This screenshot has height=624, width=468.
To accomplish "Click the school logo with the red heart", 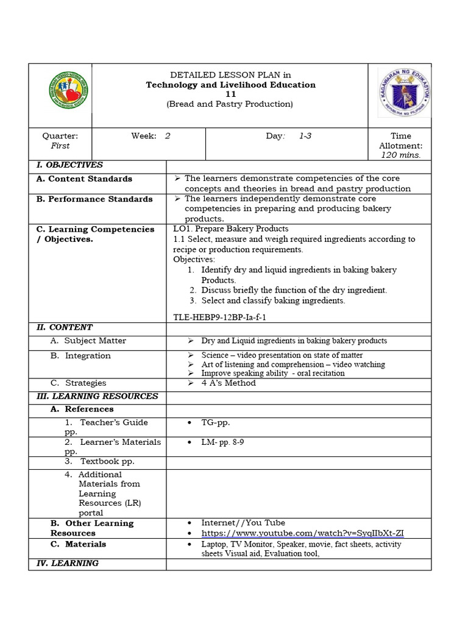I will [x=60, y=95].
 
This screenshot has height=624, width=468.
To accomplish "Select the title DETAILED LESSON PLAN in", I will [x=230, y=75].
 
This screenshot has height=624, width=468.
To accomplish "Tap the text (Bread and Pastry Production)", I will [x=230, y=104].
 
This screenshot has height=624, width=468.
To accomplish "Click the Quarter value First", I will [x=60, y=146].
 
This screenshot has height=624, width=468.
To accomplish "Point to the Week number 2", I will [x=168, y=136].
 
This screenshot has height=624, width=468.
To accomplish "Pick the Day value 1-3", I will [x=305, y=136].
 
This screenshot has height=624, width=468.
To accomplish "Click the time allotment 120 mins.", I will [x=400, y=155].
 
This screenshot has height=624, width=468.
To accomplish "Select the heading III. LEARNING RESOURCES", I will [x=97, y=396].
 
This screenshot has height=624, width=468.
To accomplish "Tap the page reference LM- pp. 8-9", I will [x=222, y=442].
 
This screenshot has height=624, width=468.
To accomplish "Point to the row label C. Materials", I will [x=78, y=544].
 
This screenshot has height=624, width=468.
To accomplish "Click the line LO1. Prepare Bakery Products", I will [x=231, y=229].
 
